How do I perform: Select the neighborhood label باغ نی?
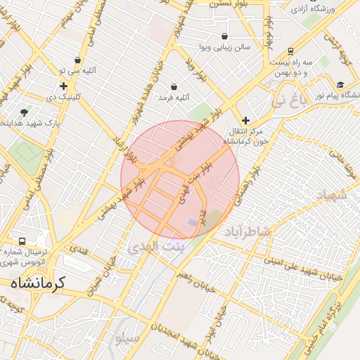[x=291, y=101]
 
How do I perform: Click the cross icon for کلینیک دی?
[x=63, y=86]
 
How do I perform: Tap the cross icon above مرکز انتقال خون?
[x=245, y=120]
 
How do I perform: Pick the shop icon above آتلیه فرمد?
[x=173, y=86]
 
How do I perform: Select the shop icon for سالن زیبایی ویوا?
[x=224, y=36]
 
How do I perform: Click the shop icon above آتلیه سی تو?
[x=77, y=60]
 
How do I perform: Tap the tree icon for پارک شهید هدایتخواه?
[x=25, y=112]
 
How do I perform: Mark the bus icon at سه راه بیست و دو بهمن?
[x=290, y=51]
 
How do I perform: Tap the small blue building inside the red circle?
[x=193, y=222]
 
